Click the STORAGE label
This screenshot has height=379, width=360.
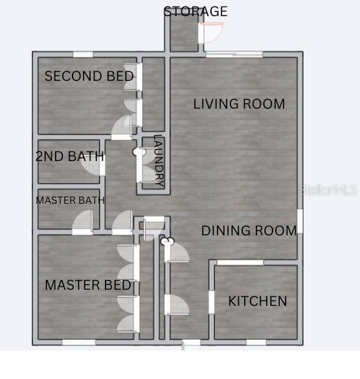196,12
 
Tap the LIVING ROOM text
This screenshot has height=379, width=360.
239,104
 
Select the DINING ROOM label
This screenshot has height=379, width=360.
249,230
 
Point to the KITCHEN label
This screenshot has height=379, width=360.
258,301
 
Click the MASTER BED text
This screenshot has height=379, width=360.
88,285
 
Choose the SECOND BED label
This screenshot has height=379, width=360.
89,76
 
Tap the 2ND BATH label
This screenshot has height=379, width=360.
70,156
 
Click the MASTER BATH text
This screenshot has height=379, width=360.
70,200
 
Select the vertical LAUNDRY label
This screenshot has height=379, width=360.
159,160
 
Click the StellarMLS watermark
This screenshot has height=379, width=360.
328,190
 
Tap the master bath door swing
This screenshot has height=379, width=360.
83,220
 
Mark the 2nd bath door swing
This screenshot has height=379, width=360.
90,165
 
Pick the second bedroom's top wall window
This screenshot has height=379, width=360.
83,54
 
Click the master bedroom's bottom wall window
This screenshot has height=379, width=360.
79,342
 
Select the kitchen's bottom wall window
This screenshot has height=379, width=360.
256,342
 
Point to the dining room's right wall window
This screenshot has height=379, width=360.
300,221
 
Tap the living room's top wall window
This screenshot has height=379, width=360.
234,54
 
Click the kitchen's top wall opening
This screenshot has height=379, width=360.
240,263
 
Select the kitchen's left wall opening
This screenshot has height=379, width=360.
212,302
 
